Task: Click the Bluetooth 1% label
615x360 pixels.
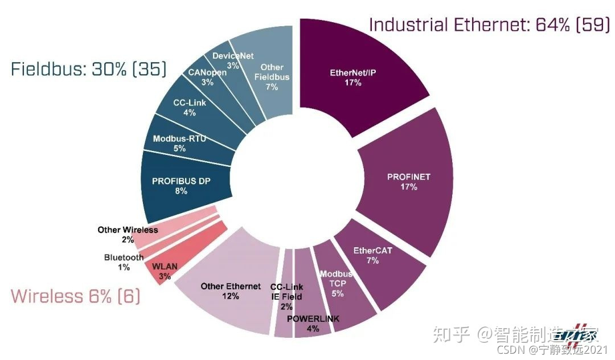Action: [124, 262]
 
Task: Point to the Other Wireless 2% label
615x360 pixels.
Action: [128, 234]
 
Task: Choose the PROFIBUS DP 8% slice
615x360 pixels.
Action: [181, 186]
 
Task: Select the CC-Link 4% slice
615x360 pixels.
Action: [190, 108]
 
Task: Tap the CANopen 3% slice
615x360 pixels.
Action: [207, 77]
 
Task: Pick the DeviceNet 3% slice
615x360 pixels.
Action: [233, 60]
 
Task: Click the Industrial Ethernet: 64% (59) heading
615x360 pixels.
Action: [489, 24]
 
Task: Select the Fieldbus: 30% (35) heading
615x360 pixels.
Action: [89, 69]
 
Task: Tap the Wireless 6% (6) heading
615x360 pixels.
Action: [76, 296]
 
